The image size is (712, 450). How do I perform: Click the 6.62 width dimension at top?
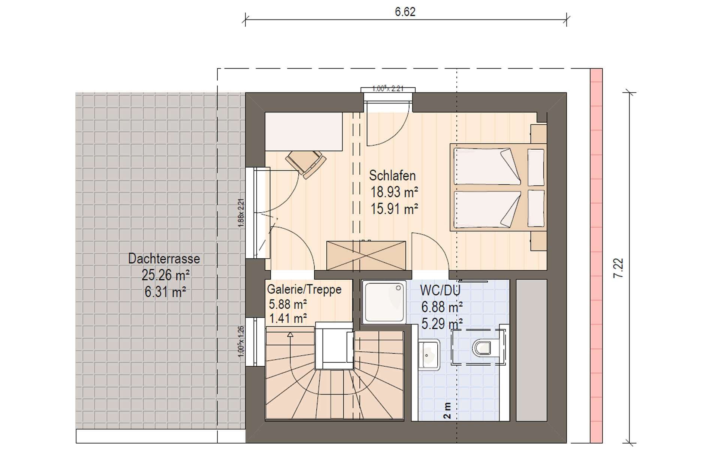tap(405, 12)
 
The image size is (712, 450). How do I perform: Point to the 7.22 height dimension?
tap(619, 268)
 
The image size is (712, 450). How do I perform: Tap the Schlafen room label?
tap(392, 175)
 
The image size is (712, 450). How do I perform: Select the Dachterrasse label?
tap(164, 259)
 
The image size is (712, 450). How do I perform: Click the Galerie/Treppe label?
tap(304, 289)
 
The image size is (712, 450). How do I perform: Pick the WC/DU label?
tap(440, 290)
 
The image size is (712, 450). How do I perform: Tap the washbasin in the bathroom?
tap(429, 355)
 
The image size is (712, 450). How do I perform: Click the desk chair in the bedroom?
tap(305, 163)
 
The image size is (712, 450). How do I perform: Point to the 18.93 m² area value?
tap(394, 192)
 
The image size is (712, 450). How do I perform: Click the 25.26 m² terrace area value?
tap(166, 275)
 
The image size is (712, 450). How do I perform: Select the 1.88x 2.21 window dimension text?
tap(241, 213)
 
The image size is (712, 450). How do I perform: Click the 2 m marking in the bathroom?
tap(447, 411)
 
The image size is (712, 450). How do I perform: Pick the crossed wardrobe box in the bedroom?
tap(366, 255)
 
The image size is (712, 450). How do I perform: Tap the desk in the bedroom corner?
tap(304, 132)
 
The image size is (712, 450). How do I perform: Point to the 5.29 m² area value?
tap(442, 323)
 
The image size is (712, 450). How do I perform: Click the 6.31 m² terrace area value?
tap(165, 292)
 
